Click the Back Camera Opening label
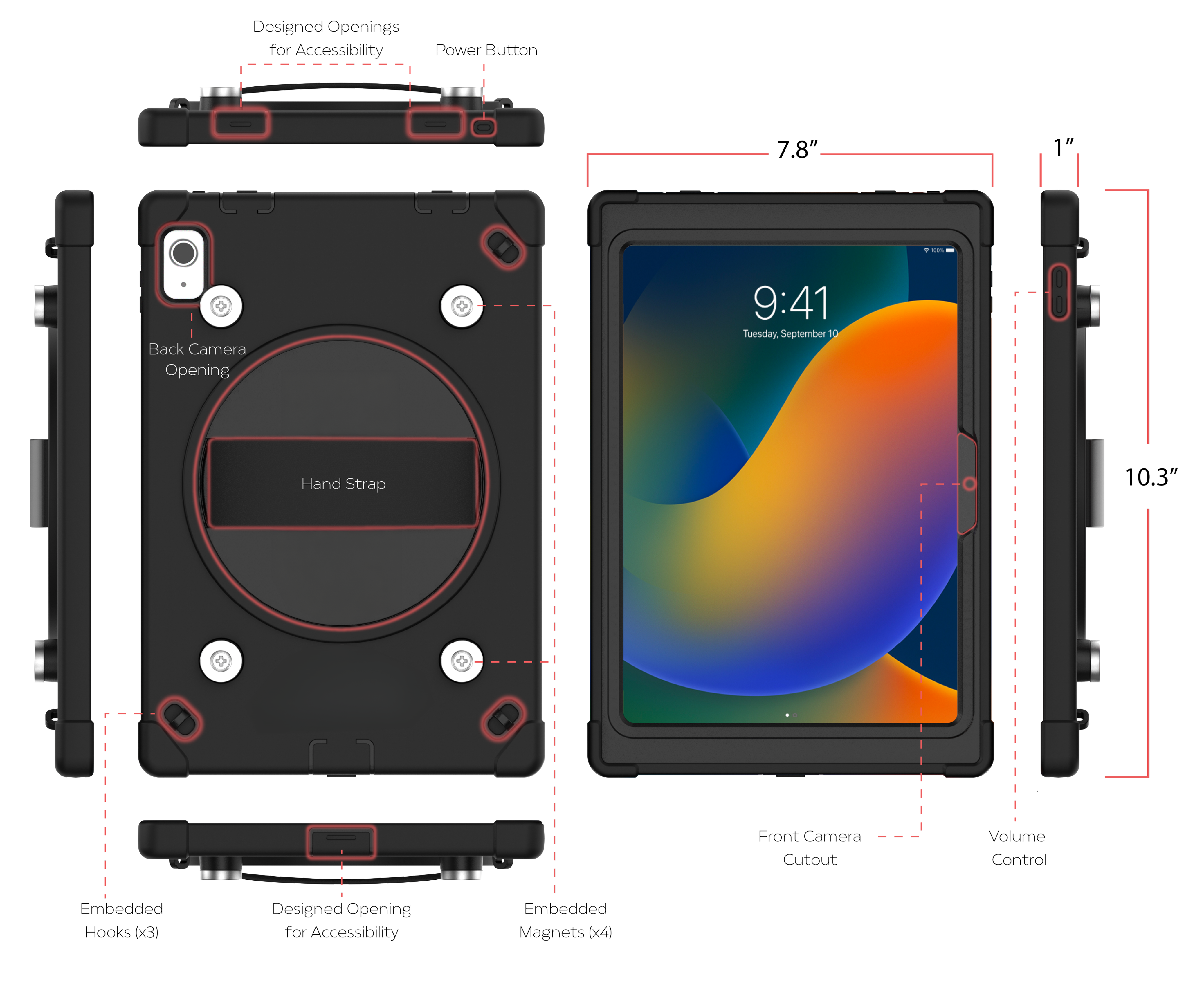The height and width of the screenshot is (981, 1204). click(197, 359)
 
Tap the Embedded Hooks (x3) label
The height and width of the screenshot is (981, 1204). click(121, 920)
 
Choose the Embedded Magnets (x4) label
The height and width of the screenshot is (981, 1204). click(565, 920)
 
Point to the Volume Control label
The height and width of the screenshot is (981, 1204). click(1018, 848)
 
